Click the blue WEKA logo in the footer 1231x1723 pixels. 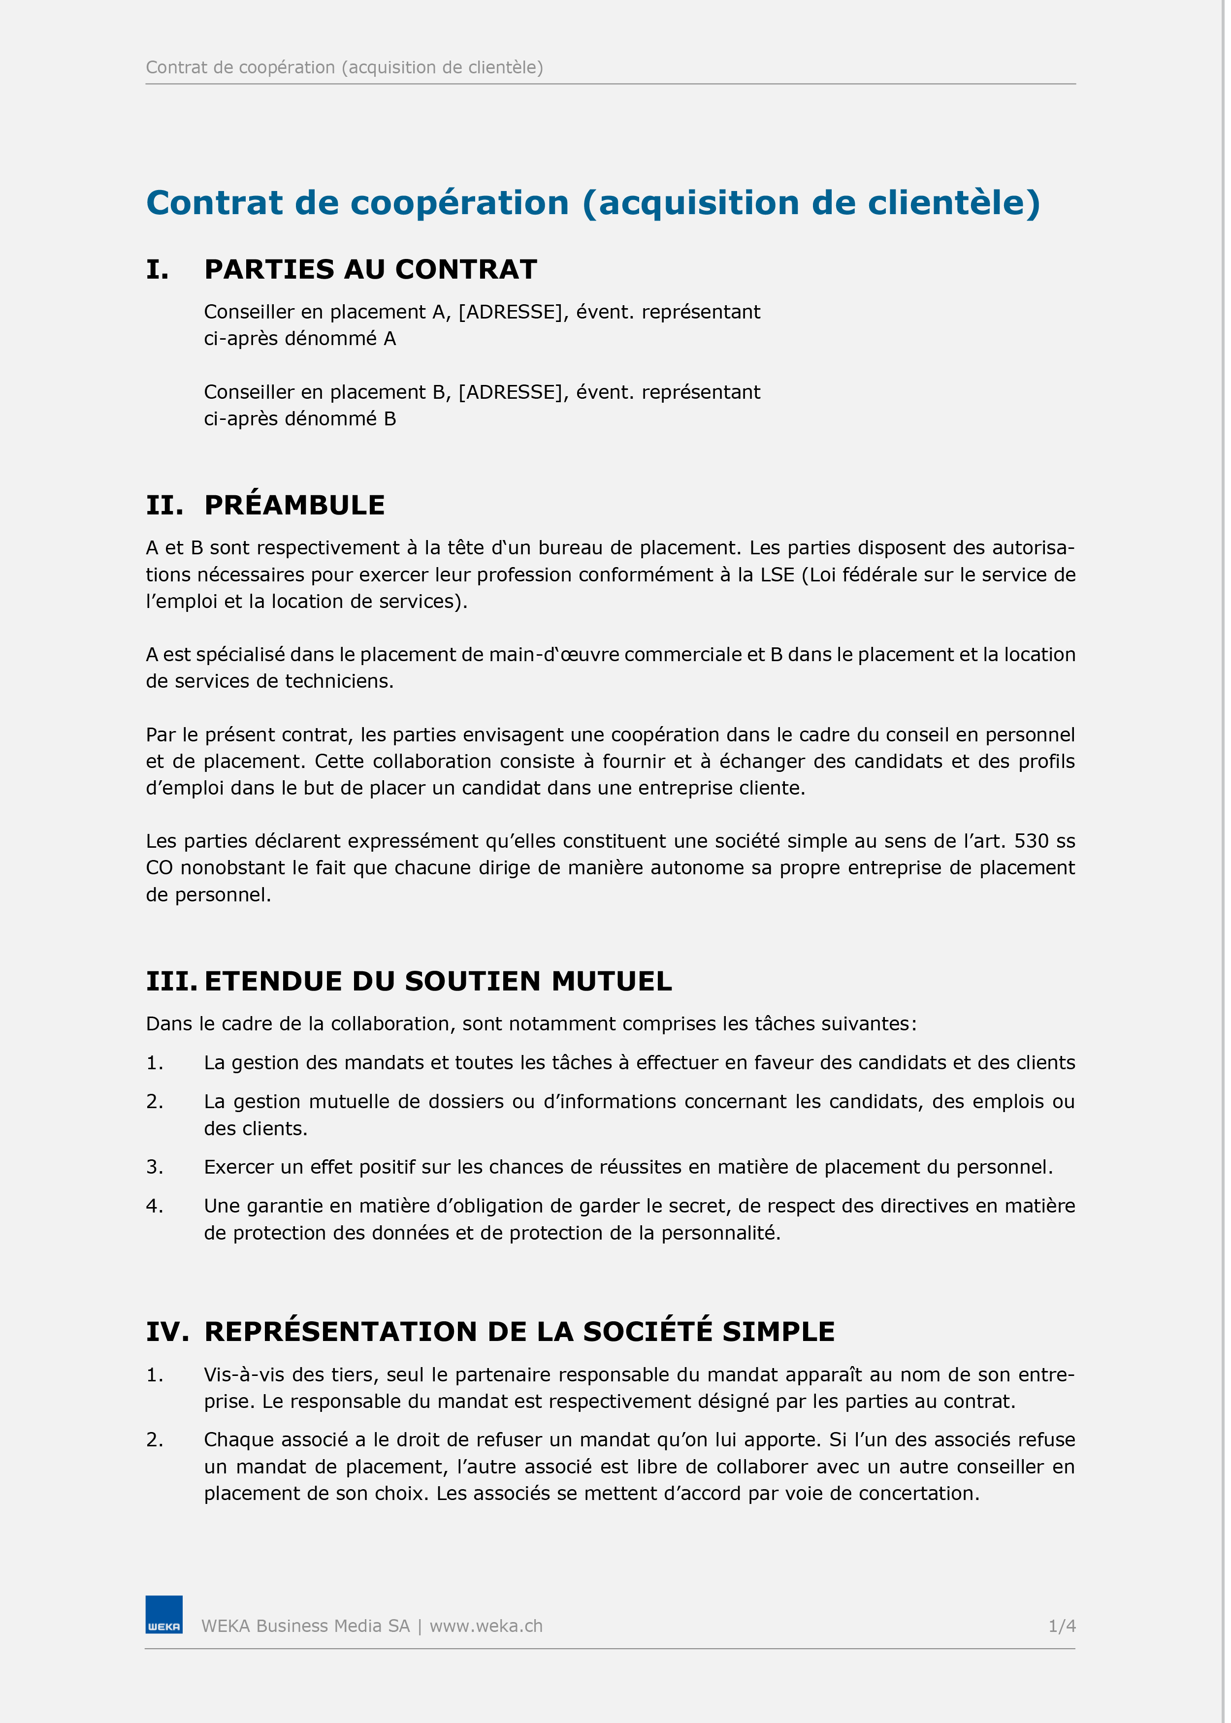coord(164,1615)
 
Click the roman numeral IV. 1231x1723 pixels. coord(167,1331)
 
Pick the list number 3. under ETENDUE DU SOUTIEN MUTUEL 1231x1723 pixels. coord(155,1167)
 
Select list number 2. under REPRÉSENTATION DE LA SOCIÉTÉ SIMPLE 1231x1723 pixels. coord(155,1439)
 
